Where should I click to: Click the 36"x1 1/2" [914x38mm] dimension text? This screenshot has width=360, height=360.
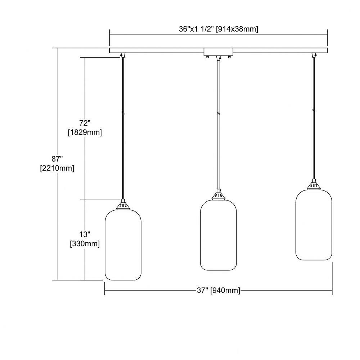[219, 29]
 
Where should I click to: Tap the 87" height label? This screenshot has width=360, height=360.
[57, 159]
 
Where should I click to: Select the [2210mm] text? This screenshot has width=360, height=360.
[57, 168]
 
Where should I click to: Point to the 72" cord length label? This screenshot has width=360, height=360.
[85, 123]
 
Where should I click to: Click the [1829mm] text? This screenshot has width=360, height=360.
[85, 132]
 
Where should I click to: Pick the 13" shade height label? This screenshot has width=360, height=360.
[85, 234]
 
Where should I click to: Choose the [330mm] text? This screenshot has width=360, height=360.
[85, 244]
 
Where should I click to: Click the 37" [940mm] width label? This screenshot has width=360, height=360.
[219, 291]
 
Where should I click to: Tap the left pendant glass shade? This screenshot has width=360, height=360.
[123, 245]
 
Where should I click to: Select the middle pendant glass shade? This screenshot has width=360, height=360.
[219, 235]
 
